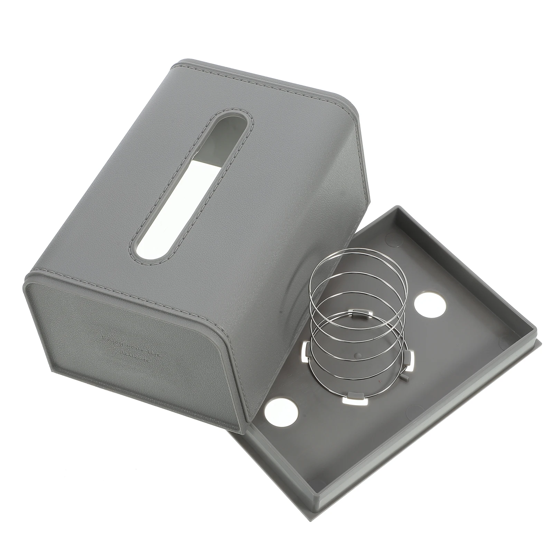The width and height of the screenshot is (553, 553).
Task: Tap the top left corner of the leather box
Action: coord(180,64)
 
